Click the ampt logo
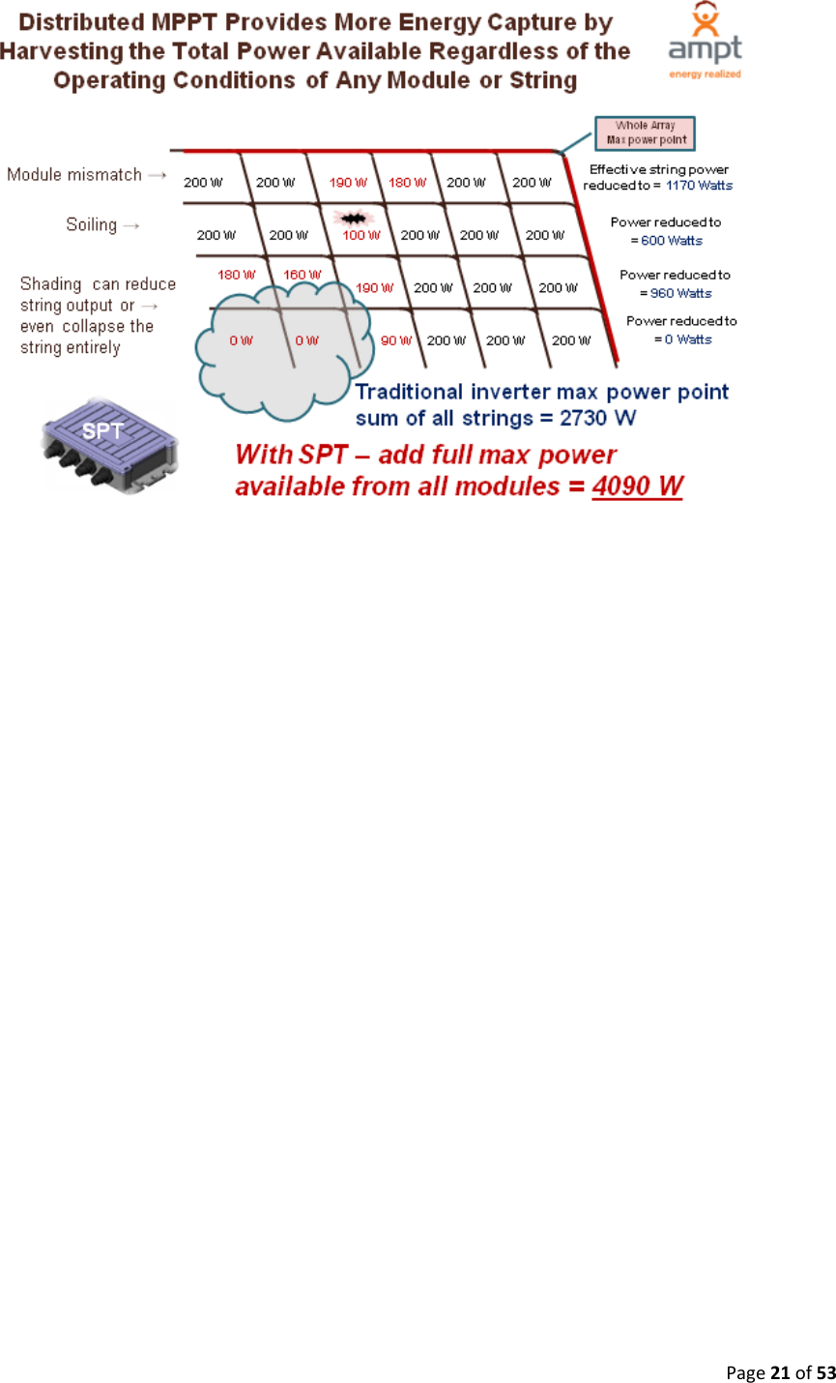[x=705, y=39]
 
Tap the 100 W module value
[x=361, y=235]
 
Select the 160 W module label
[x=302, y=276]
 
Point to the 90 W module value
[x=395, y=340]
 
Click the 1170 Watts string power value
[x=699, y=185]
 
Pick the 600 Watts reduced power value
[x=672, y=241]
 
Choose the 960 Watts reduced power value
[x=680, y=293]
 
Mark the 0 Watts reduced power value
[x=687, y=339]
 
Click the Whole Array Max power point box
[x=646, y=132]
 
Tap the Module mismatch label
[x=74, y=175]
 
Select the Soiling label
[x=91, y=224]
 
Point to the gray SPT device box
[x=108, y=442]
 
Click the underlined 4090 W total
[x=637, y=486]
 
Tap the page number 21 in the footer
[x=779, y=1372]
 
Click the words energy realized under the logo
[x=705, y=74]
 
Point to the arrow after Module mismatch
[x=157, y=175]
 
